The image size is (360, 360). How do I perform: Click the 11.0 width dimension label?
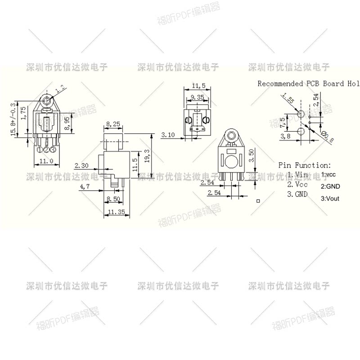coord(46,161)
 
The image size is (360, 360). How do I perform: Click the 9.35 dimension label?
coord(198,97)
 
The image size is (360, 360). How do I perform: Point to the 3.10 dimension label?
coord(168,135)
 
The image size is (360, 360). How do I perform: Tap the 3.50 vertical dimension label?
coord(252,156)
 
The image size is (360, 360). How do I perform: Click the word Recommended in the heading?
coord(280,83)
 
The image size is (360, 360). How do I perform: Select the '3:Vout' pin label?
coord(330,198)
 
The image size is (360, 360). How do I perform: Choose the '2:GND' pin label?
coord(330,186)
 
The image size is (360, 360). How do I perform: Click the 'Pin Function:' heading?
coord(304,165)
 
